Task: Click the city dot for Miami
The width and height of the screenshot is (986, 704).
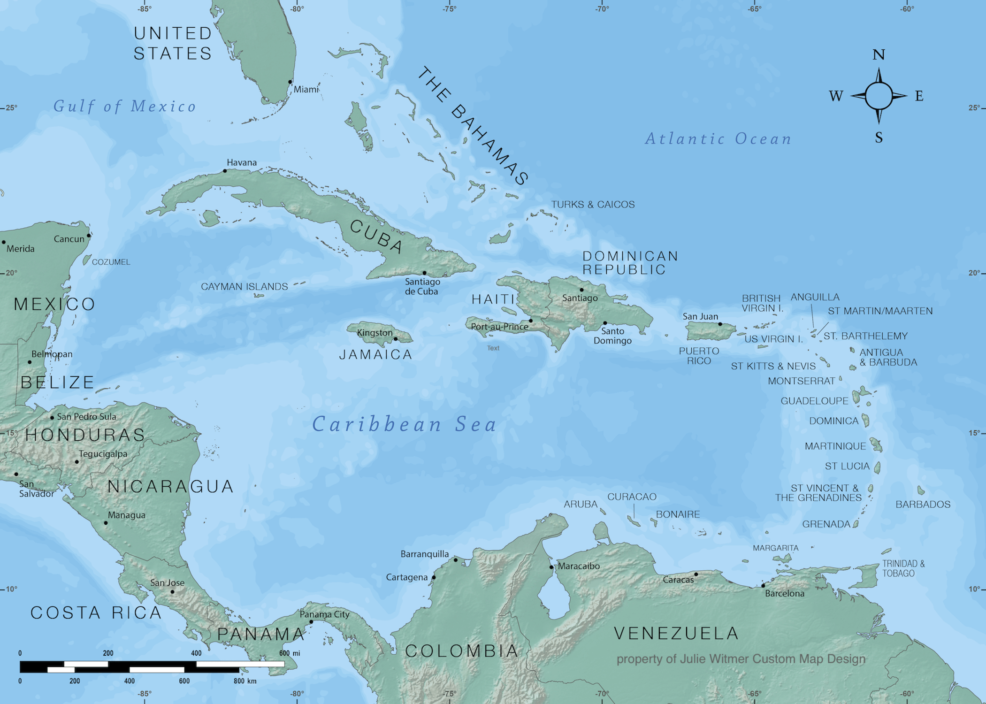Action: coord(290,82)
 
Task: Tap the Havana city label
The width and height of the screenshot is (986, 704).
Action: coord(242,162)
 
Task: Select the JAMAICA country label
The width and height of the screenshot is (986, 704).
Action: coord(375,354)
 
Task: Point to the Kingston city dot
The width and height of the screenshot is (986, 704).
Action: coord(396,338)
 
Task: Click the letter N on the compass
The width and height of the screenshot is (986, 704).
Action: coord(879,55)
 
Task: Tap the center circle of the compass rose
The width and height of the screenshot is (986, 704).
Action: coord(879,96)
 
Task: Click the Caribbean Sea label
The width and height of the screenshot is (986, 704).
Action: coord(404,424)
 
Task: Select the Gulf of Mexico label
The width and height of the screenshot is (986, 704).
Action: coord(124,106)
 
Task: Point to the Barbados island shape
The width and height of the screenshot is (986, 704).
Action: coord(921,490)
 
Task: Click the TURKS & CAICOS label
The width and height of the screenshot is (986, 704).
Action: coord(593,205)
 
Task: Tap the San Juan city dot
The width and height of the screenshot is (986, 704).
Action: coord(720,324)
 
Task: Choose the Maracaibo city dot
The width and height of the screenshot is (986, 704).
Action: coord(551,567)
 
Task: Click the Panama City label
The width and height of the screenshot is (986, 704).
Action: coord(325,614)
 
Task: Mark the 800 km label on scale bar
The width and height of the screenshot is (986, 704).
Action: coord(245,681)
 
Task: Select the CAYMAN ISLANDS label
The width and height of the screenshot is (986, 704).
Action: coord(244,286)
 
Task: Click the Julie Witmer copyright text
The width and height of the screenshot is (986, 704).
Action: coord(741,659)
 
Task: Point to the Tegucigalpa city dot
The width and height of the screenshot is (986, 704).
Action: coord(77,462)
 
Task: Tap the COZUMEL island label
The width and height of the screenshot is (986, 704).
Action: coord(111,262)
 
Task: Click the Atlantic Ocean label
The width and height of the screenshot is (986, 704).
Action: coord(718,139)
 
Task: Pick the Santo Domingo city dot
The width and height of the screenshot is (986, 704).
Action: coord(605,323)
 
